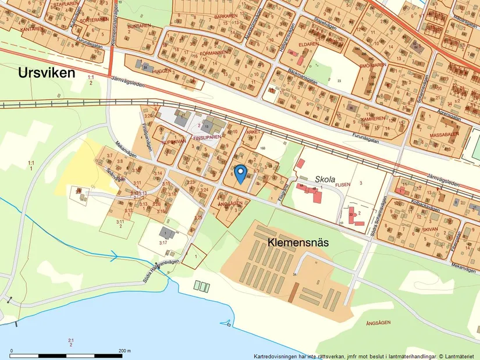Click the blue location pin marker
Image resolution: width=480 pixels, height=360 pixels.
click(240, 173)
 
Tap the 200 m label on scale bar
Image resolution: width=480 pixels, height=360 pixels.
click(124, 351)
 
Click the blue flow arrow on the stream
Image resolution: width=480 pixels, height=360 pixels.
click(115, 255)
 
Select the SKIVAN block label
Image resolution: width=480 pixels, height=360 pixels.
click(429, 230)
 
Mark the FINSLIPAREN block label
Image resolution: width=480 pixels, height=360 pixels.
click(207, 138)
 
